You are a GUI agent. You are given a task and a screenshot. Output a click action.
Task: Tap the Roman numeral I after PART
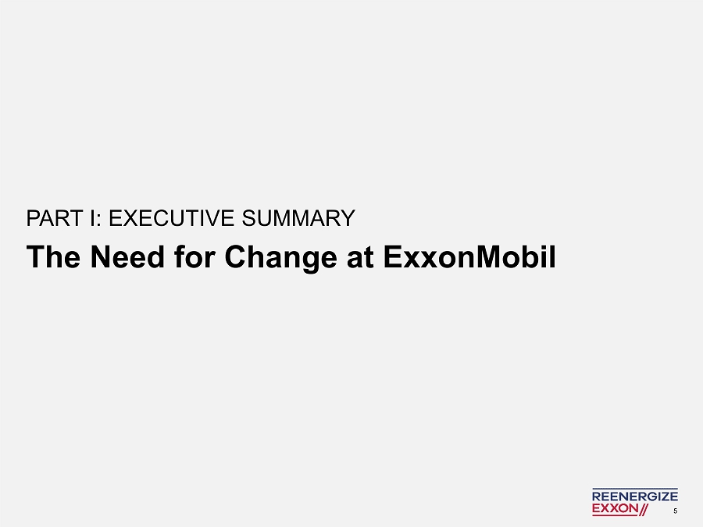pyautogui.click(x=92, y=218)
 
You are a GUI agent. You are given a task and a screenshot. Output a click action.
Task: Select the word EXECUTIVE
pyautogui.click(x=172, y=218)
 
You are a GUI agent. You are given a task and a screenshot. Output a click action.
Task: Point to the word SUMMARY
pyautogui.click(x=298, y=218)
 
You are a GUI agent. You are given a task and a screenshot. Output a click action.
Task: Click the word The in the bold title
pyautogui.click(x=54, y=256)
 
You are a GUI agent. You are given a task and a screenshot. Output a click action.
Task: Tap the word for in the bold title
pyautogui.click(x=195, y=256)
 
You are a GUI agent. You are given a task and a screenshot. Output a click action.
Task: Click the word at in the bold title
pyautogui.click(x=360, y=258)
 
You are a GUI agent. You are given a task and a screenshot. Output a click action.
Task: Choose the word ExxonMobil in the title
pyautogui.click(x=470, y=256)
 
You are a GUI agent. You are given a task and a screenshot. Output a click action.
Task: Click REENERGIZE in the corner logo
pyautogui.click(x=635, y=496)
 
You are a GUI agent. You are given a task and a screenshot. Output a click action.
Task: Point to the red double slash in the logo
pyautogui.click(x=644, y=509)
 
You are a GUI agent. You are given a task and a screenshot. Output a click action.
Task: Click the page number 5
pyautogui.click(x=675, y=511)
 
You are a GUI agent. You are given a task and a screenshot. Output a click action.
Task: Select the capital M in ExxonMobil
pyautogui.click(x=487, y=256)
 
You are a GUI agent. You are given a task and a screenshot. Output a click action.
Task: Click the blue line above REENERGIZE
pyautogui.click(x=635, y=489)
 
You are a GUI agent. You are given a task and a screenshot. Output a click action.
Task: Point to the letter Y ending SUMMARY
pyautogui.click(x=348, y=218)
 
